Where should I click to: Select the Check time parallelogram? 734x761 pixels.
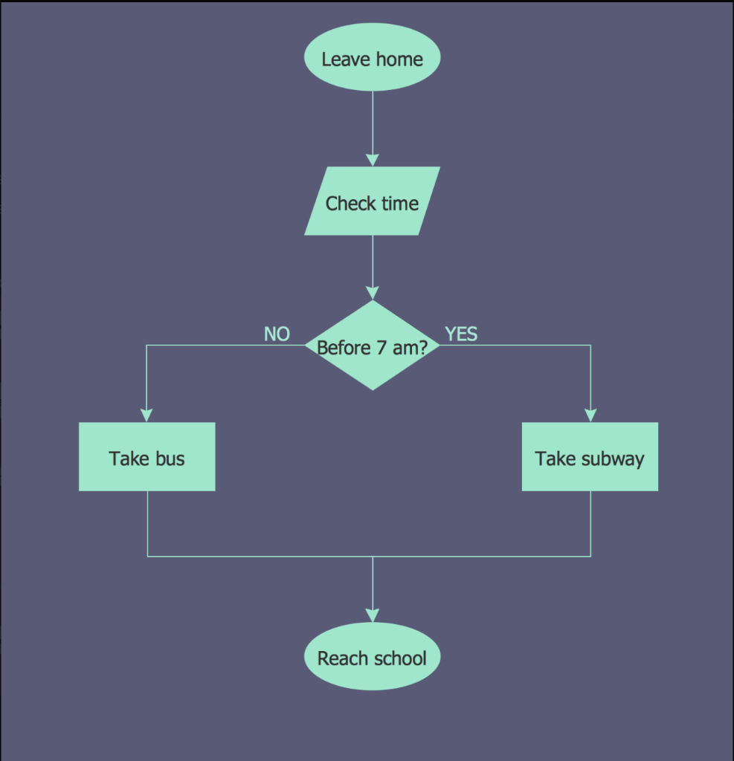(x=372, y=201)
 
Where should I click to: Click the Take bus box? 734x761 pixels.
(x=147, y=457)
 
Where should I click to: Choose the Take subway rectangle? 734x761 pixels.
(x=590, y=457)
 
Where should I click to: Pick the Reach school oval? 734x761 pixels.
(x=372, y=657)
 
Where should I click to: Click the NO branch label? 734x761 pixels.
(x=277, y=334)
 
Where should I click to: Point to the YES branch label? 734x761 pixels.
(x=461, y=334)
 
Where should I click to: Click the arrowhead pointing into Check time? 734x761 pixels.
(x=372, y=160)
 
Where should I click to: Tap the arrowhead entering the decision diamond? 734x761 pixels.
(x=372, y=293)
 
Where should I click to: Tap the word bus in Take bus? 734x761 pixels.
(x=170, y=459)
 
